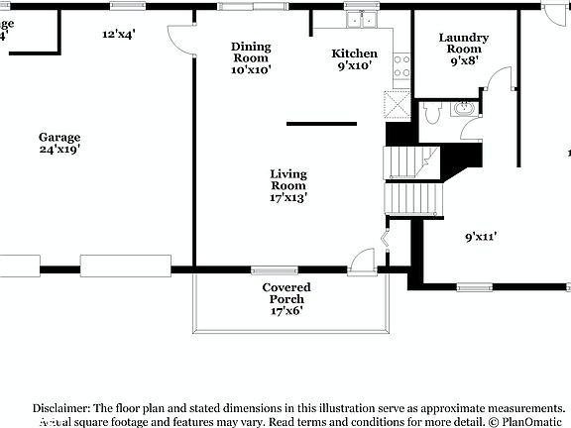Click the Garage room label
tap(59, 144)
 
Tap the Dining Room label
tap(251, 57)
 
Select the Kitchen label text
tap(354, 59)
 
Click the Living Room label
tap(288, 185)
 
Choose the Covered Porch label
tap(286, 298)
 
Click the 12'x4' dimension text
tap(119, 34)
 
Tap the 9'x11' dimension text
tap(481, 237)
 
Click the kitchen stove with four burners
tap(402, 66)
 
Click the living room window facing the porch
tap(268, 268)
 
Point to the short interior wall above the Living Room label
tap(321, 124)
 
